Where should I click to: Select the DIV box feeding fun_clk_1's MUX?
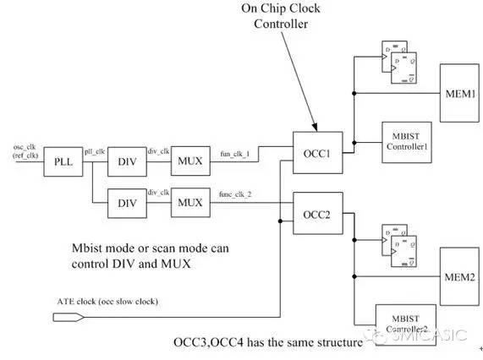(x=127, y=160)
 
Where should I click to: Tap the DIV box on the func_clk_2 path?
(x=127, y=204)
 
